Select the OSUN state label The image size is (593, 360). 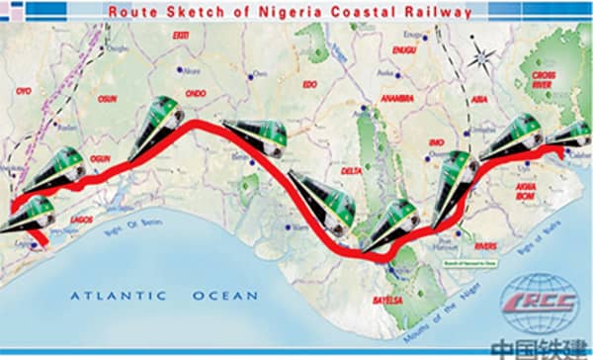[108, 100]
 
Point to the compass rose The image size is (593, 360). [484, 55]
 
